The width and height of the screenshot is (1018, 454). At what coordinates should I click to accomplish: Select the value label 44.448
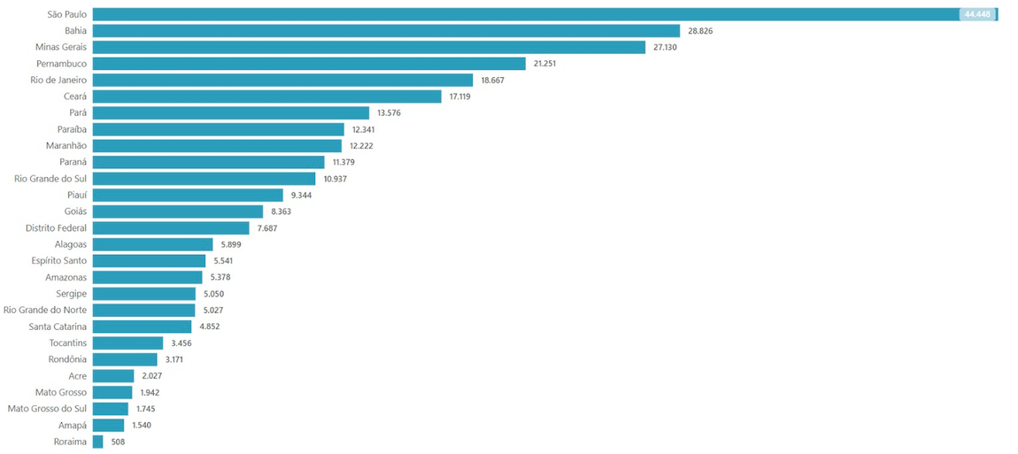point(976,14)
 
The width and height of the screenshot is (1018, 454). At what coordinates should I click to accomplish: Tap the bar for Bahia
point(386,31)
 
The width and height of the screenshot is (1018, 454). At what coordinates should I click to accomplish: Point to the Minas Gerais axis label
point(61,47)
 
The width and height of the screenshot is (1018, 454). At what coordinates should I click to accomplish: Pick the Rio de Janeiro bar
point(282,80)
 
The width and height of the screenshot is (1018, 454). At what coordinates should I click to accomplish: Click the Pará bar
point(230,112)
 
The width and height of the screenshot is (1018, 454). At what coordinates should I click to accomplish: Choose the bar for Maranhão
point(217,145)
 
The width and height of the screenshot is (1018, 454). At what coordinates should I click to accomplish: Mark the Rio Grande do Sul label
point(50,179)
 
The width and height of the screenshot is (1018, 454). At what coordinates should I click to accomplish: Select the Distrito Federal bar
point(171,227)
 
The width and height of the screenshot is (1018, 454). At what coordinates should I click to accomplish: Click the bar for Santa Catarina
point(142,327)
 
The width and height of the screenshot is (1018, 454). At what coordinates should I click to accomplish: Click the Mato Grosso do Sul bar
point(110,409)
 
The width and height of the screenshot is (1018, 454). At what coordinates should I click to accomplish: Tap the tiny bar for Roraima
point(97,442)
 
